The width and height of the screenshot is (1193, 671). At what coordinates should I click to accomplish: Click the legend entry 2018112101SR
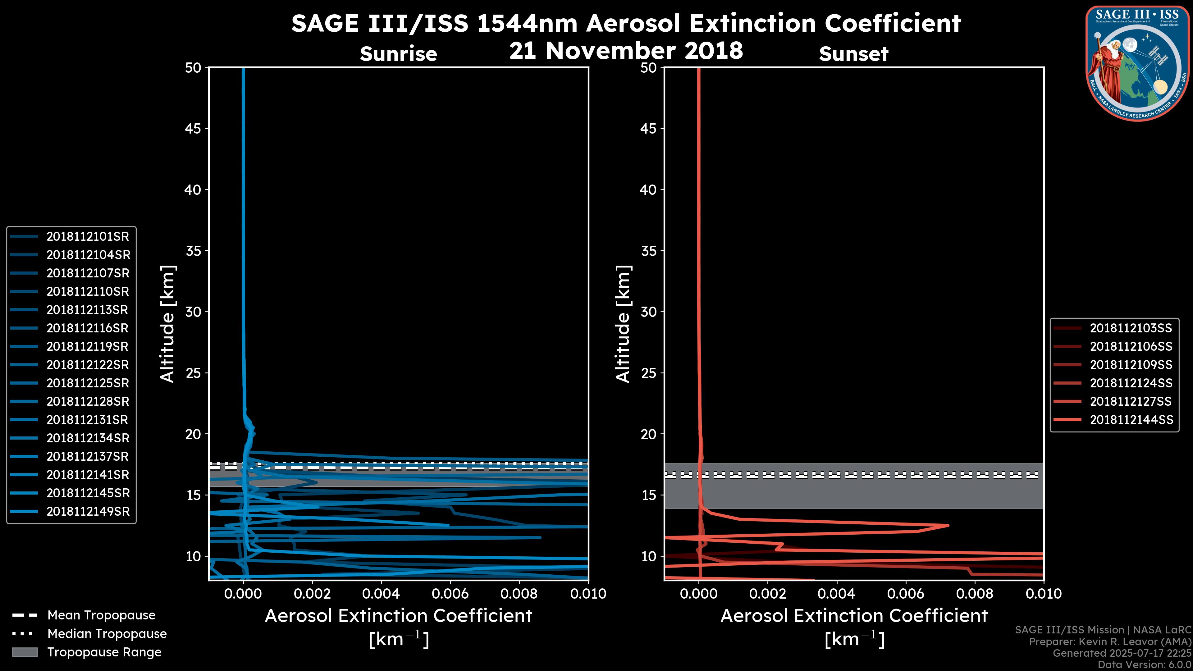click(88, 237)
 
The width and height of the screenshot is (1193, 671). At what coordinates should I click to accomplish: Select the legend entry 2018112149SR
click(88, 512)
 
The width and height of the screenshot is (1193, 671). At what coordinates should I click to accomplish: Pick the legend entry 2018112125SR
click(88, 383)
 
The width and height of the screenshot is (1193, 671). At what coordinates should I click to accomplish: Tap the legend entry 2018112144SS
click(1131, 420)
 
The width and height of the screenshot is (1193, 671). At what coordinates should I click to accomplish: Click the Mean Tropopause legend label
click(101, 615)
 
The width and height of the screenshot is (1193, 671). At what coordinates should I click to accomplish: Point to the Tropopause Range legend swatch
click(25, 652)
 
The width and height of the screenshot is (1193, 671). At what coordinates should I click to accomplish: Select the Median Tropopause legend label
click(107, 634)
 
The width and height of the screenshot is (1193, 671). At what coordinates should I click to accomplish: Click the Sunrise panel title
click(398, 54)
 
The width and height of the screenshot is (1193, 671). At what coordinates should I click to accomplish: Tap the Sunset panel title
click(853, 54)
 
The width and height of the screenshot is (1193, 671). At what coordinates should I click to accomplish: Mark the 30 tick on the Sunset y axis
click(648, 312)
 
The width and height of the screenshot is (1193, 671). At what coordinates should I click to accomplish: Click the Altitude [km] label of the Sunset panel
click(623, 324)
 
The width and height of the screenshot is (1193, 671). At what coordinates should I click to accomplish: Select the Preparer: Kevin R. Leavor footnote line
click(1110, 642)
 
